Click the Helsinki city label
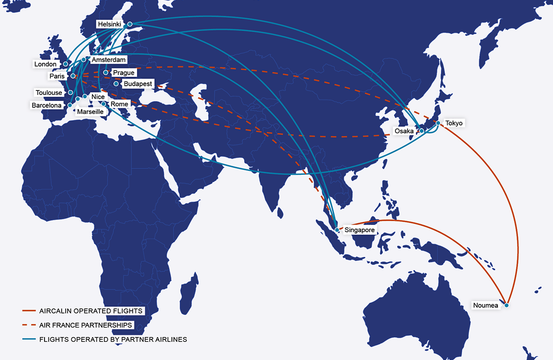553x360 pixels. click(x=110, y=24)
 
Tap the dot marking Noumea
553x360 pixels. click(x=506, y=305)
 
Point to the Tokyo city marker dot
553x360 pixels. click(x=438, y=123)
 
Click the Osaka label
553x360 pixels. click(x=404, y=131)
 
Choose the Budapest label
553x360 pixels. click(x=138, y=84)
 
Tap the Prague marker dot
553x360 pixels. click(x=105, y=73)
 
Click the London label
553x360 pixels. click(x=45, y=64)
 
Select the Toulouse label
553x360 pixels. click(x=49, y=92)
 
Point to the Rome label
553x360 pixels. click(x=119, y=104)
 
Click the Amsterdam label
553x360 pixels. click(x=109, y=60)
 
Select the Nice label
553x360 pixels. click(x=98, y=97)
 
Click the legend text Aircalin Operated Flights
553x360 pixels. click(x=91, y=311)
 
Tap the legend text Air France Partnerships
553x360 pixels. click(x=86, y=325)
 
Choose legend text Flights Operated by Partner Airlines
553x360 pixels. click(x=113, y=339)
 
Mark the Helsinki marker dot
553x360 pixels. click(x=130, y=23)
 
